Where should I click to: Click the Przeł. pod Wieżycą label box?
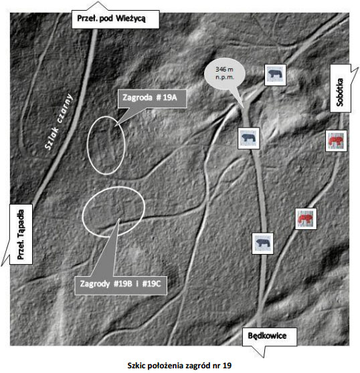click(116, 19)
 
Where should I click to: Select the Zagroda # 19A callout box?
click(152, 98)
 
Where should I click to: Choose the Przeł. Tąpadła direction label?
click(21, 234)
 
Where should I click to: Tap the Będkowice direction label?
click(270, 337)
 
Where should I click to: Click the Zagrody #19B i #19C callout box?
click(120, 285)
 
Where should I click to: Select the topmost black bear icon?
click(275, 75)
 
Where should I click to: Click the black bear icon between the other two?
click(248, 138)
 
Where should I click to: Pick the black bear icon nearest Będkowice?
click(262, 243)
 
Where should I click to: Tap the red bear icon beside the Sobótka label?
click(336, 140)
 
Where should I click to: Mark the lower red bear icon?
click(306, 219)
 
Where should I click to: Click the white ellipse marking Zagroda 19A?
click(88, 145)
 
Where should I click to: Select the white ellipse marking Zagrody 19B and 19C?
click(82, 213)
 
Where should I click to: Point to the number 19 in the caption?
click(227, 365)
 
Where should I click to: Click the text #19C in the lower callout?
click(151, 284)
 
